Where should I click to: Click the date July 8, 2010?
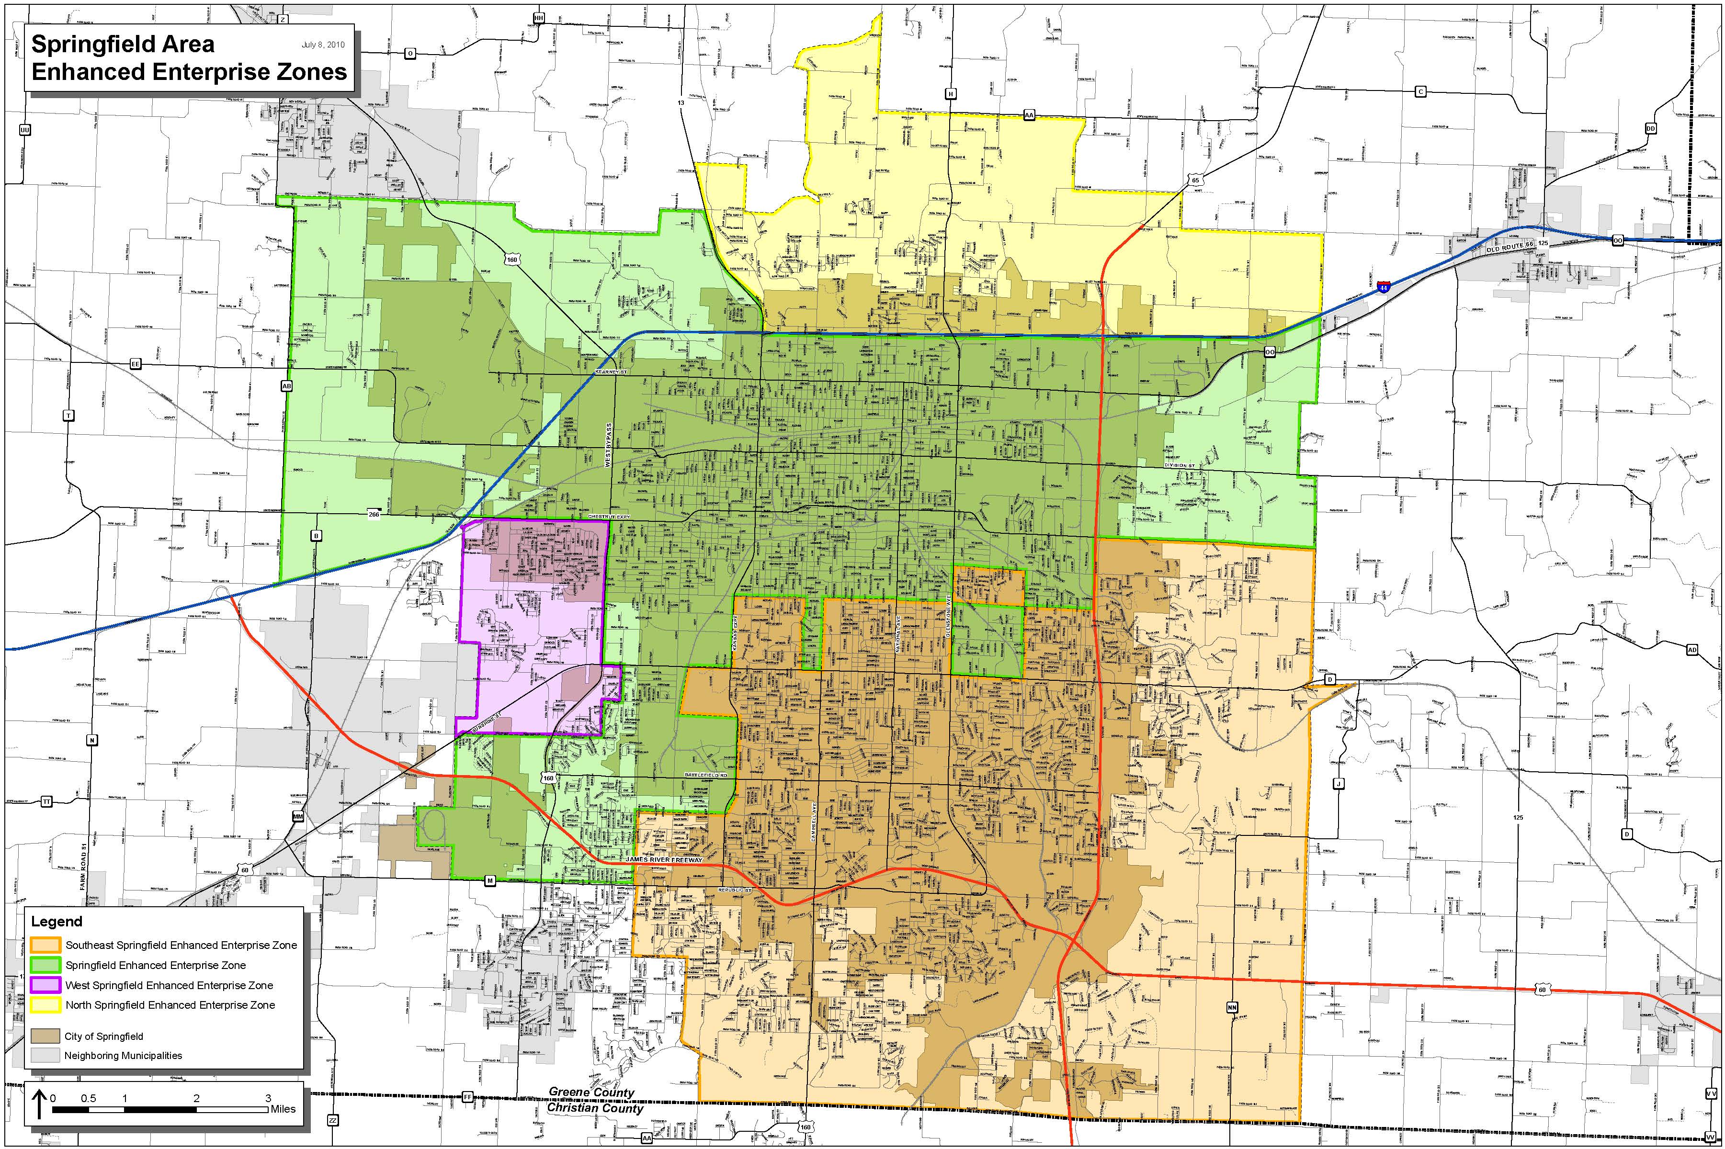pos(322,45)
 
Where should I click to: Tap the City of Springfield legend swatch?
pos(45,1036)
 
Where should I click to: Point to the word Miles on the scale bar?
pos(283,1109)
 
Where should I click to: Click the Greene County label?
pos(591,1093)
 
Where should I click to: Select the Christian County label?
pos(595,1108)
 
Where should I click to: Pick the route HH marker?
pos(539,18)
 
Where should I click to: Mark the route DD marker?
pos(1650,129)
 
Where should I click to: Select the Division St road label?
pos(1180,466)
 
